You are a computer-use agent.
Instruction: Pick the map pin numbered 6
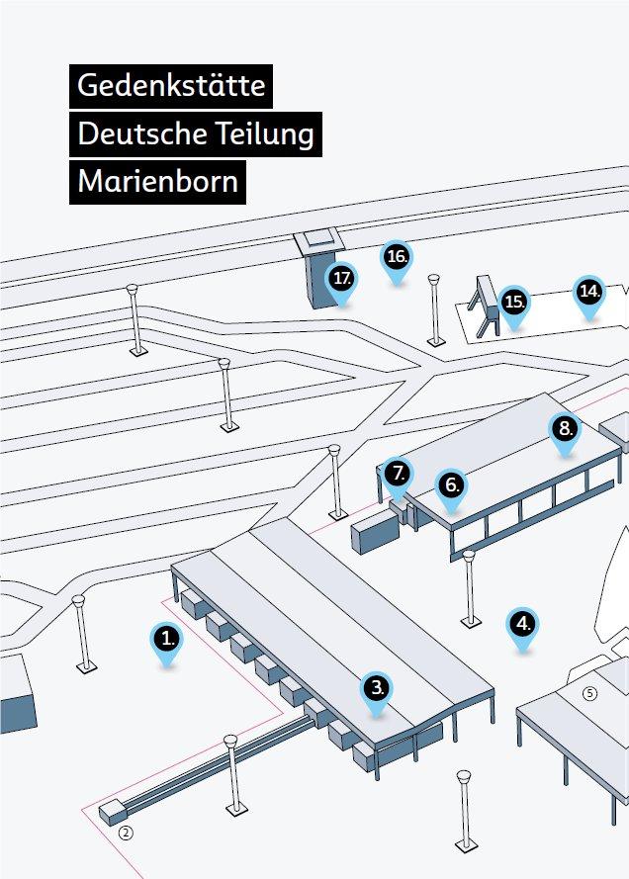(x=451, y=486)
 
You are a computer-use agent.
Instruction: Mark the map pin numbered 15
(x=513, y=302)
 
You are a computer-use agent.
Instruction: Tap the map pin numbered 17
(x=342, y=280)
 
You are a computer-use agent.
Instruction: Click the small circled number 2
(x=126, y=833)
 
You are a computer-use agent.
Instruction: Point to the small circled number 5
(x=590, y=693)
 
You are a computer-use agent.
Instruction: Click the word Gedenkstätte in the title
(x=171, y=85)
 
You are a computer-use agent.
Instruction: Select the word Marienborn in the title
(x=157, y=182)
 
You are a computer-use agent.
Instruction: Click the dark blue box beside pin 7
(x=374, y=531)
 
